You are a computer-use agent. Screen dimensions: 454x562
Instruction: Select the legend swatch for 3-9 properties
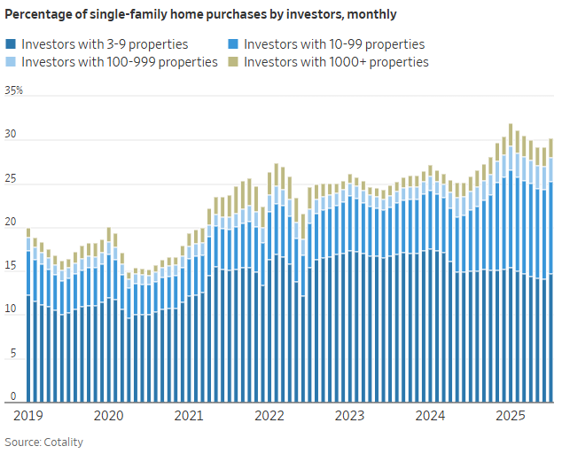(11, 44)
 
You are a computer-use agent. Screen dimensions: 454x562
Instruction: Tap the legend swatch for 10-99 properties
(233, 44)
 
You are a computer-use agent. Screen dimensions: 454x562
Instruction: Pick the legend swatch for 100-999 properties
(11, 62)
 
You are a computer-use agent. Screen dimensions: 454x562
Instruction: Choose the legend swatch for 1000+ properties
(233, 62)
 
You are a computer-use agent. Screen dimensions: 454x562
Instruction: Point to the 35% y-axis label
(14, 90)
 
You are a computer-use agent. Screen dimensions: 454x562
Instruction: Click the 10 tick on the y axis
(12, 309)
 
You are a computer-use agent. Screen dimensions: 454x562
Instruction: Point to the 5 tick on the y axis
(13, 353)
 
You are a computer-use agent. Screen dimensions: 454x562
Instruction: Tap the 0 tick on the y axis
(13, 395)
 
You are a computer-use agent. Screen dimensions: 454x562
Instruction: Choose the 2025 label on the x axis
(510, 415)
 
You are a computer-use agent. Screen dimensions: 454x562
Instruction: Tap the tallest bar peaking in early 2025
(511, 266)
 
